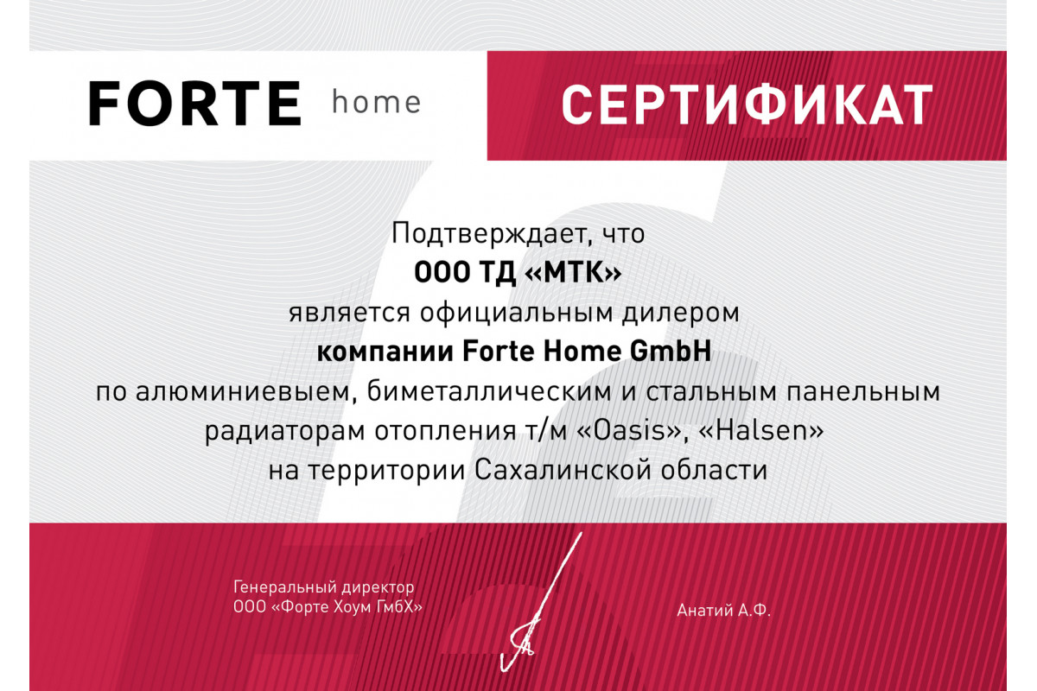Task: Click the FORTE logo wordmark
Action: click(195, 104)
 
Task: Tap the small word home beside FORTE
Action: click(377, 102)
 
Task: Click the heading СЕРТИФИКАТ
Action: click(747, 105)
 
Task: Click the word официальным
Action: click(516, 314)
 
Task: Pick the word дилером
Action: click(681, 314)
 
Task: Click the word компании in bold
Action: click(385, 352)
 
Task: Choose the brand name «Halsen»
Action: click(761, 430)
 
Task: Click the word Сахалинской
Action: click(563, 470)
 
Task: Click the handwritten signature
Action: click(541, 602)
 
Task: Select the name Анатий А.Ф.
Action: click(723, 611)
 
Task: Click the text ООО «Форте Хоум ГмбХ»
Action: click(328, 606)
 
